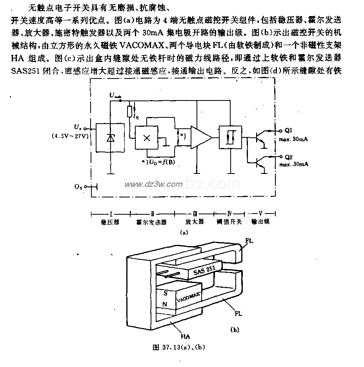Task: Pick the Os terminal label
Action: coord(78,188)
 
